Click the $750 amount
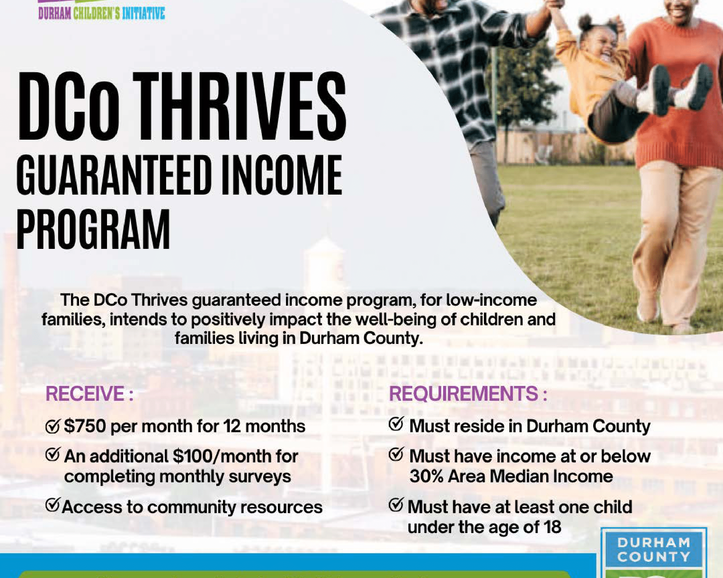85,426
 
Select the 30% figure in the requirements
426,477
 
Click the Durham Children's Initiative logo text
101,13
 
